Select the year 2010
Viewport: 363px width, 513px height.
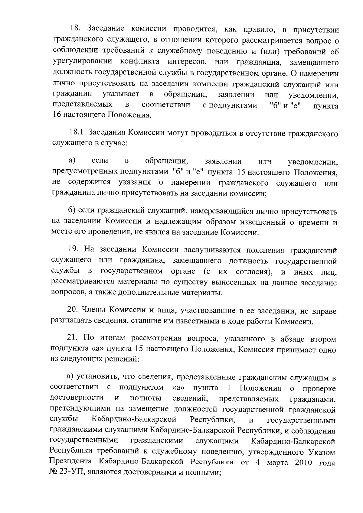(302, 463)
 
